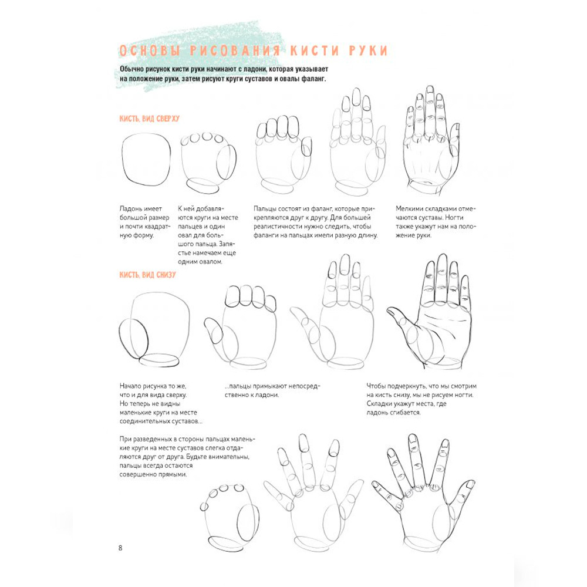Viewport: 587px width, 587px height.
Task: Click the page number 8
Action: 120,548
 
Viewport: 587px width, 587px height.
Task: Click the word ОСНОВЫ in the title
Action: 149,51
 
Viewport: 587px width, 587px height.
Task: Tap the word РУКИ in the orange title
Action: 368,51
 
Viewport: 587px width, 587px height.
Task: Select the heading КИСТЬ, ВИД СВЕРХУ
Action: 149,119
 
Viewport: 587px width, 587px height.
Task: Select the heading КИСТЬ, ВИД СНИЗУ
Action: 147,275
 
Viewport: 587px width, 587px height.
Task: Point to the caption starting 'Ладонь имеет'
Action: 144,222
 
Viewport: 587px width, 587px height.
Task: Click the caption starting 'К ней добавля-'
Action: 208,235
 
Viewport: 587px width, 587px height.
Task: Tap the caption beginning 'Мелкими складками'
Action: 436,222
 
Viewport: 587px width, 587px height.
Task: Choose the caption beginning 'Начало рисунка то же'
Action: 161,404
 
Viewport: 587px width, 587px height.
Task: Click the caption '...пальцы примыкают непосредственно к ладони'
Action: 272,390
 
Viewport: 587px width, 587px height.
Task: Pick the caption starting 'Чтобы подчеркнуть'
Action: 421,399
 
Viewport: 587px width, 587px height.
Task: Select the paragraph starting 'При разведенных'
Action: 187,457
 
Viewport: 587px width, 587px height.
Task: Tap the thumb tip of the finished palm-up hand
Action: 390,311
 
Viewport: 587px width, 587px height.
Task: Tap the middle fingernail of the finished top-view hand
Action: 430,90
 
